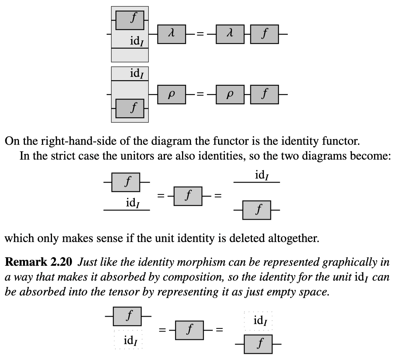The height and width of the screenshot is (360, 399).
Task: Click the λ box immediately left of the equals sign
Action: click(171, 34)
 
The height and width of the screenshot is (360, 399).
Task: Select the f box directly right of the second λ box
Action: click(264, 34)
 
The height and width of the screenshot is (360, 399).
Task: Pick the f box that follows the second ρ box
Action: click(264, 94)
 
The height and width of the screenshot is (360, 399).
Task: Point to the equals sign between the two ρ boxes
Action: click(200, 95)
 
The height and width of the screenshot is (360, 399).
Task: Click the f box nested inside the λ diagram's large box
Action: click(130, 20)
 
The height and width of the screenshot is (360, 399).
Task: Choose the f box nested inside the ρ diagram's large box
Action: click(130, 108)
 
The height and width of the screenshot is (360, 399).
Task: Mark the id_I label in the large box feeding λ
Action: click(137, 41)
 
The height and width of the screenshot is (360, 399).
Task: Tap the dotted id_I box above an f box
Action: click(259, 320)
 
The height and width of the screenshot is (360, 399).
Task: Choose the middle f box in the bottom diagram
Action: click(189, 330)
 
